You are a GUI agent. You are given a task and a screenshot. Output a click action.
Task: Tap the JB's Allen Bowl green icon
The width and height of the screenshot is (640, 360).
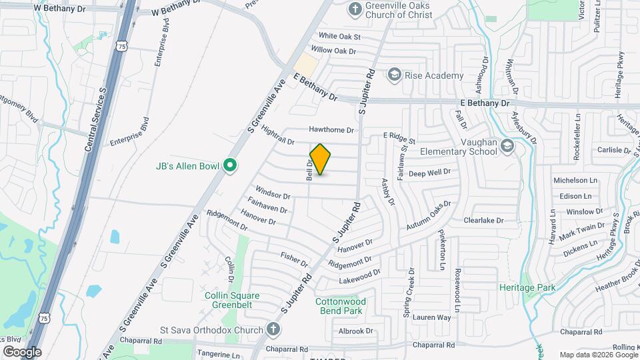[x=231, y=165]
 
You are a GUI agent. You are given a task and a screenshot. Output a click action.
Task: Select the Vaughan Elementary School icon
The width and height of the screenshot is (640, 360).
[x=507, y=147]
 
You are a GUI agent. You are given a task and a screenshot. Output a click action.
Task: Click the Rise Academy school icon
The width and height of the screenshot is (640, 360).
[x=395, y=75]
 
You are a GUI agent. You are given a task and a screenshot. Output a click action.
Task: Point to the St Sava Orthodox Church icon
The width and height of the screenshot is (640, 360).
[x=272, y=329]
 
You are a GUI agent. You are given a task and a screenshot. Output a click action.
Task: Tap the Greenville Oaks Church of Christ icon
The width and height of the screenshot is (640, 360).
[x=355, y=10]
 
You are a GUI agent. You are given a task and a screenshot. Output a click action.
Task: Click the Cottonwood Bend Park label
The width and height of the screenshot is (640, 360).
[x=338, y=306]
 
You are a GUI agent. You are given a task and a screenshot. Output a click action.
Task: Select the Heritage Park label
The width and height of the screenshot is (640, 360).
[x=527, y=287]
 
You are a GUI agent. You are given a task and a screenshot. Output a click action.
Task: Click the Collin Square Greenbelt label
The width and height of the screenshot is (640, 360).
[x=232, y=301]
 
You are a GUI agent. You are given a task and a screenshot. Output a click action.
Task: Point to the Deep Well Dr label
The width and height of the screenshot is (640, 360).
[x=429, y=173]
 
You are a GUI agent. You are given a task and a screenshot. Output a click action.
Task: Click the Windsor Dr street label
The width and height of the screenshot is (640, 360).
[x=273, y=196]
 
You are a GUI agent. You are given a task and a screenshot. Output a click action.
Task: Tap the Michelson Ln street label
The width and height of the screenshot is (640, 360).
[x=575, y=181]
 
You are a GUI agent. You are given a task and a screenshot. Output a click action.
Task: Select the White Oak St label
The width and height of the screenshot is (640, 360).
[x=339, y=36]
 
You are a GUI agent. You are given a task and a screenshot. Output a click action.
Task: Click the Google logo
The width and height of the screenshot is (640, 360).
[x=22, y=351]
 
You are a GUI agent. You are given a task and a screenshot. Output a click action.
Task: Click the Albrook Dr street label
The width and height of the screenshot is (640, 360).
[x=355, y=331]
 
